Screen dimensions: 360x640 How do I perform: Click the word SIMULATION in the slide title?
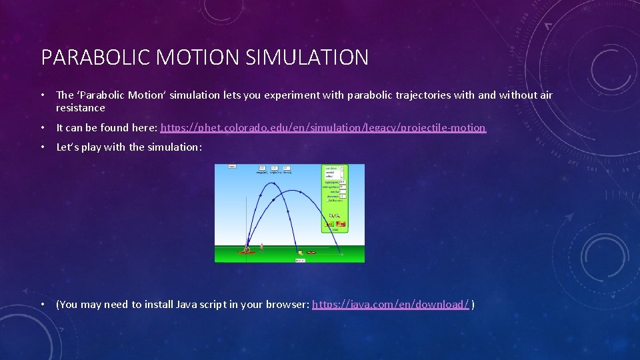coord(307,57)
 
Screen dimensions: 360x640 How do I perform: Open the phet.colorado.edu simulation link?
coord(323,127)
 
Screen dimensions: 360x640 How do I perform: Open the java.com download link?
coord(391,305)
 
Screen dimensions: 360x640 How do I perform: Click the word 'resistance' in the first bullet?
coord(81,108)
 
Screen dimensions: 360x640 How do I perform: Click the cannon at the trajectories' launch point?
coord(247,250)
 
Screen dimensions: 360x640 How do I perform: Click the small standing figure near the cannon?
coord(262,247)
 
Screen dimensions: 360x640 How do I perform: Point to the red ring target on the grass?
coord(311,253)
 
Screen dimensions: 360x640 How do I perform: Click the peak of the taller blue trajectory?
coord(271,182)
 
